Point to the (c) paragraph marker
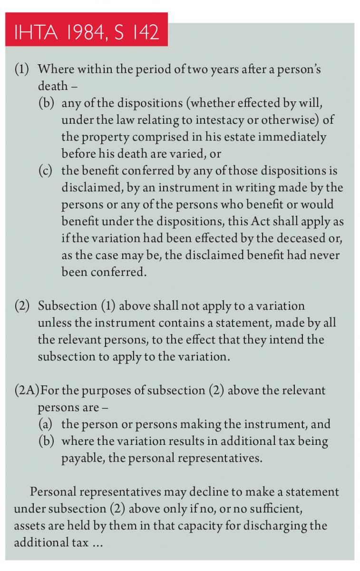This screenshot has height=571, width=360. [47, 171]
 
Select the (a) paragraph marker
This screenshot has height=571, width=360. [47, 424]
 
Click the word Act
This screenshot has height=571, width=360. [279, 221]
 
